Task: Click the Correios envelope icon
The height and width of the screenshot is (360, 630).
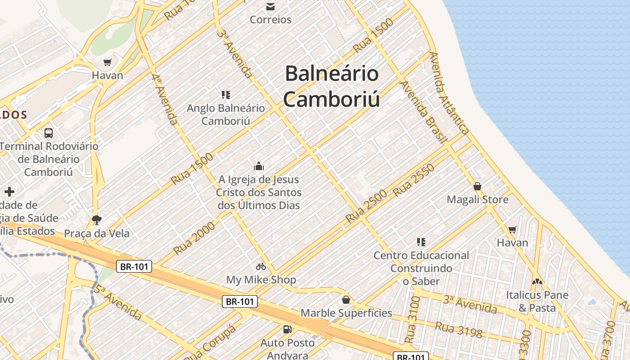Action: point(270,6)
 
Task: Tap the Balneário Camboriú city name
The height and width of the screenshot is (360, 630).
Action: point(332,86)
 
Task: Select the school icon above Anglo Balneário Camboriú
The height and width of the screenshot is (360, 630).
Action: point(226,94)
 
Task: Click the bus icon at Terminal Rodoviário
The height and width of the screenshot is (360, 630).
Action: point(49,133)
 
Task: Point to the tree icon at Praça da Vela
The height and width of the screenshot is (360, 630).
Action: point(96,220)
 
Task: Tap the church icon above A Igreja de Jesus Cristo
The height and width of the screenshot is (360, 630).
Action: point(259,166)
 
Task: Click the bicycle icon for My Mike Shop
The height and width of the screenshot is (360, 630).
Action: point(261,266)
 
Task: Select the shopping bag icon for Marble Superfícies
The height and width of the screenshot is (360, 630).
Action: point(346,299)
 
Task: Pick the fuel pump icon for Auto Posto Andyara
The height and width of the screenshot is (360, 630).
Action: point(287,329)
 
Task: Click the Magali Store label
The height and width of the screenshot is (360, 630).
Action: point(477,199)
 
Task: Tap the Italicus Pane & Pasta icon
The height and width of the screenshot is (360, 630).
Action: point(537,282)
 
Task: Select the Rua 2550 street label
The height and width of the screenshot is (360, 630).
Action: point(414,180)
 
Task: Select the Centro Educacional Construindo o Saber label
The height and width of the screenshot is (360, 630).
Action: point(421,268)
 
